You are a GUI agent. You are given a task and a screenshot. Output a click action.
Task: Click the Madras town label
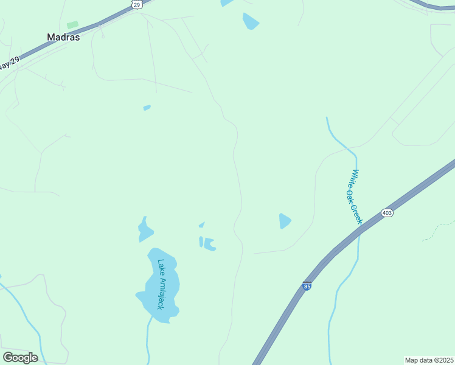[x=63, y=37]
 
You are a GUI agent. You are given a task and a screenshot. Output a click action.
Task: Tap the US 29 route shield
[x=136, y=5]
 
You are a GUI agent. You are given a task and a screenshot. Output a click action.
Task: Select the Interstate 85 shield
[x=307, y=286]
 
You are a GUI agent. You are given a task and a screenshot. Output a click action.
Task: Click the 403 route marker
[x=387, y=213]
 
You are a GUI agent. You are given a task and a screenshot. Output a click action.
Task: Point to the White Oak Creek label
[x=354, y=196]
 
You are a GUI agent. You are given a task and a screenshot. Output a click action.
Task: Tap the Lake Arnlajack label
[x=161, y=284]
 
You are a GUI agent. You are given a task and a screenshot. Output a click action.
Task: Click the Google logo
[x=20, y=358]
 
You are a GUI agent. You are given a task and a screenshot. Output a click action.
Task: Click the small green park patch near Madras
[x=72, y=25]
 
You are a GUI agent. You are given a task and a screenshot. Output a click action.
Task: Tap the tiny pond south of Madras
[x=147, y=108]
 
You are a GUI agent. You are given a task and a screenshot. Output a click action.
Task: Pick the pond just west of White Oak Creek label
[x=284, y=221]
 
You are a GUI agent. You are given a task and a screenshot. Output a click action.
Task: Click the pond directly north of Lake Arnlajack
[x=145, y=230]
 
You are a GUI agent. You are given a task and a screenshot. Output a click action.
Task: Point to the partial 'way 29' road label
[x=9, y=63]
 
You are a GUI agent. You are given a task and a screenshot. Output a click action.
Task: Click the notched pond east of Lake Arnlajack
[x=209, y=244]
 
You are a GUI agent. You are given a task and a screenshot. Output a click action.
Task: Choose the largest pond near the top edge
[x=250, y=21]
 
